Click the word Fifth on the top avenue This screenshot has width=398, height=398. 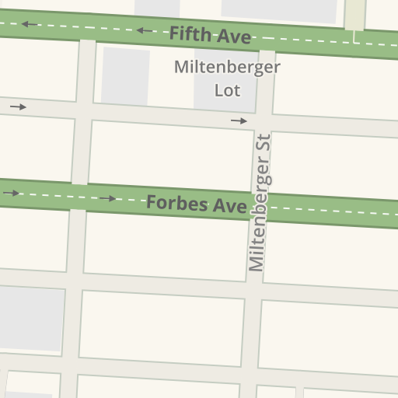point(189,33)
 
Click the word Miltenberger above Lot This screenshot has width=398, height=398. point(227,67)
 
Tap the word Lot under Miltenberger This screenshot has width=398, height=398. point(227,89)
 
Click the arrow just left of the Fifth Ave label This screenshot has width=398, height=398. point(145,30)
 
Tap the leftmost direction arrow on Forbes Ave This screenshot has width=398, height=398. point(11,193)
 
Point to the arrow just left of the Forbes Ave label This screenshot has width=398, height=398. point(107,199)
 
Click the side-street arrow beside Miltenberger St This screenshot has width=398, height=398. point(239,121)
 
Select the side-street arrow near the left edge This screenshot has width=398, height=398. point(18,106)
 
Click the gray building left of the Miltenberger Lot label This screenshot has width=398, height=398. point(124,76)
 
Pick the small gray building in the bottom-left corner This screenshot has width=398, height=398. point(27,395)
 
